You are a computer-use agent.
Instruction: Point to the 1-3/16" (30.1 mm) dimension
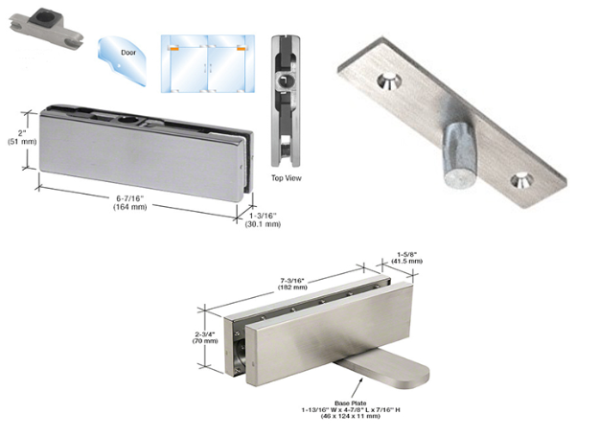click(x=263, y=220)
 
